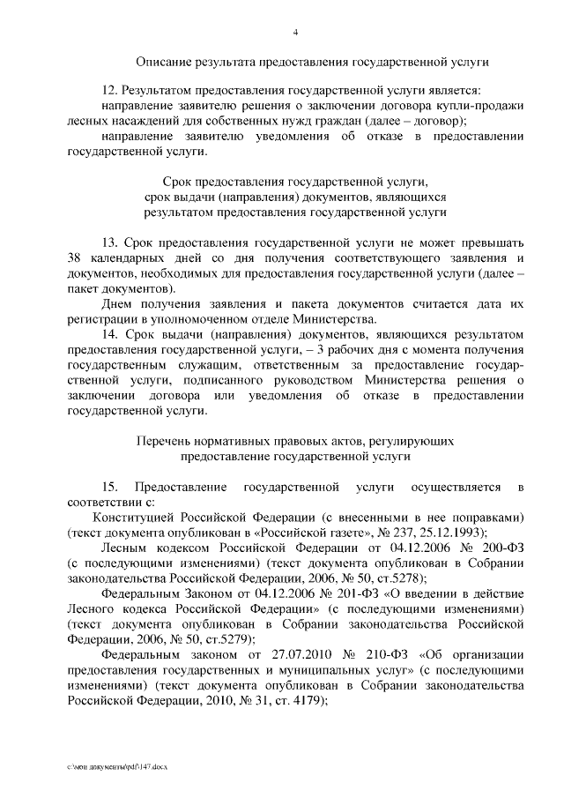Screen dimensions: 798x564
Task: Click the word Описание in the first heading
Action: [x=163, y=63]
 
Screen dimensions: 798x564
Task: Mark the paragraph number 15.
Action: [x=110, y=487]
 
